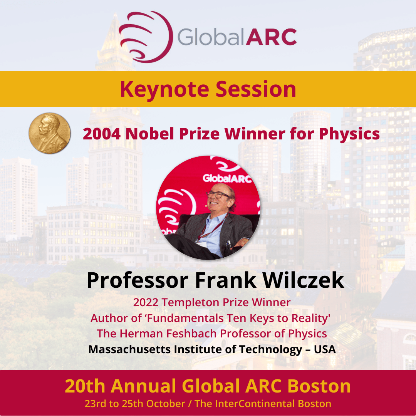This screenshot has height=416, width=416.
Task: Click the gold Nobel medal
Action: coord(50,133)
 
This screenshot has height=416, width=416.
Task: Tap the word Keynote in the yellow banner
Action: coord(164,89)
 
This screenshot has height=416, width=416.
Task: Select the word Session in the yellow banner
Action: coord(256,89)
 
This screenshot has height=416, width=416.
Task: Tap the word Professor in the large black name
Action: coord(138,281)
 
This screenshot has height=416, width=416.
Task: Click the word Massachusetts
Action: coord(129,349)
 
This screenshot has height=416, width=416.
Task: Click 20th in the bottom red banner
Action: coord(85,386)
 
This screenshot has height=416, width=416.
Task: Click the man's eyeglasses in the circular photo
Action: coord(218,195)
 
